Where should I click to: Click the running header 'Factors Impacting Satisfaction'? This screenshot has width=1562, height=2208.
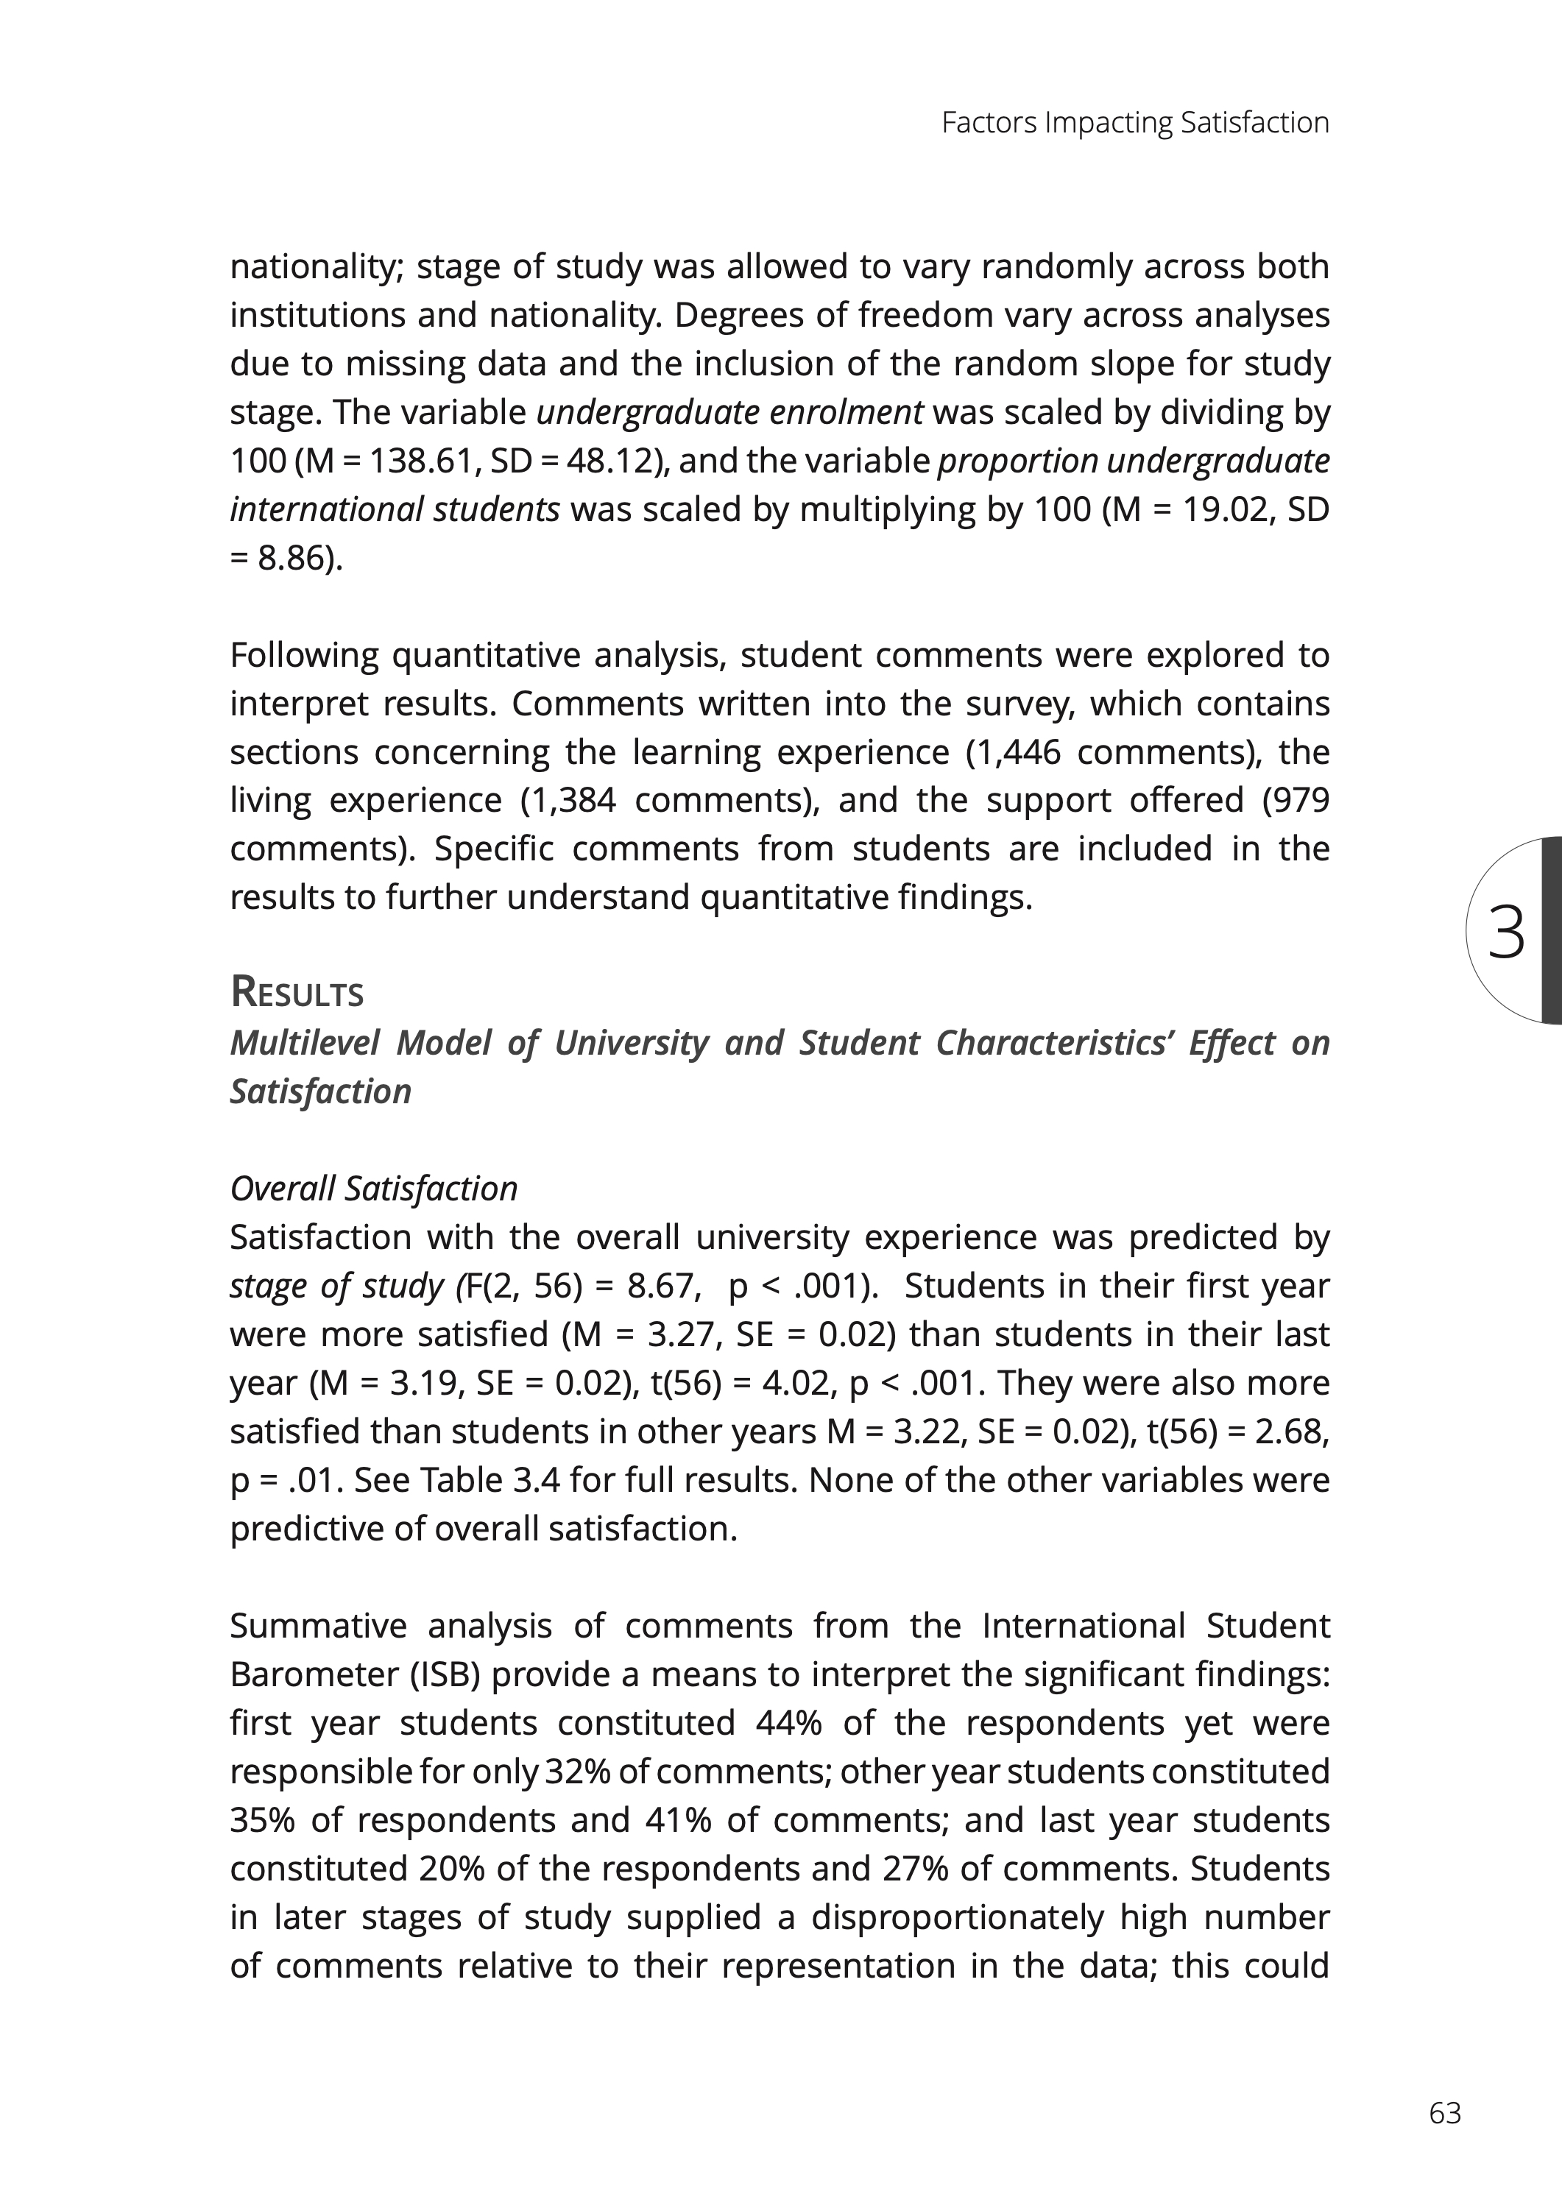pos(1135,123)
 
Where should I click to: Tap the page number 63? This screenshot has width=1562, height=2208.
pos(1445,2113)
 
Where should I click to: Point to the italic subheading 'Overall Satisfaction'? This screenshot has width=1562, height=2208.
pos(373,1189)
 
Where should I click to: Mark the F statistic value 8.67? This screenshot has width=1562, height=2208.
pos(662,1287)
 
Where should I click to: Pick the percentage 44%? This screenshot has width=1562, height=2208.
pos(788,1723)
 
